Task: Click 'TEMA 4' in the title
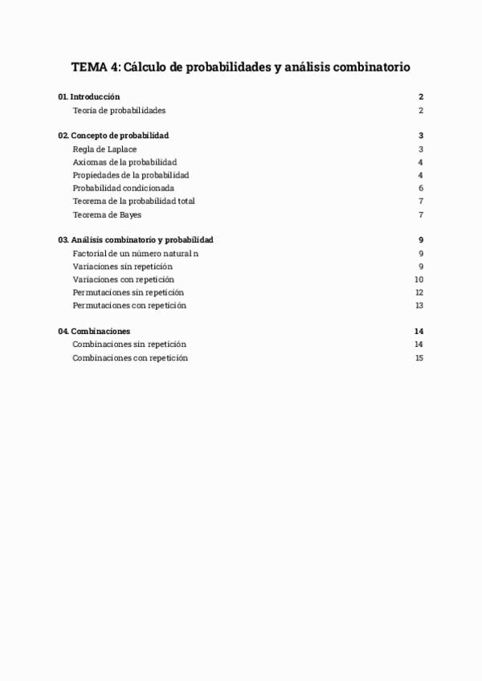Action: tap(95, 68)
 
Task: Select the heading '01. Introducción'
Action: tap(89, 97)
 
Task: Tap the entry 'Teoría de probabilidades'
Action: tap(119, 110)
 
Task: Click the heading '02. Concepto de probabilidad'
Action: tap(113, 136)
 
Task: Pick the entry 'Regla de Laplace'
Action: tap(104, 149)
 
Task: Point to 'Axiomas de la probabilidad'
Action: tap(125, 162)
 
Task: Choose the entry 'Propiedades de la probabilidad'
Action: tap(131, 175)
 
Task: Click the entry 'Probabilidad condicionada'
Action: tap(123, 188)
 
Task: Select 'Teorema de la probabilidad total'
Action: tap(133, 201)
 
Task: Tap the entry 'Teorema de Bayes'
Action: tap(107, 214)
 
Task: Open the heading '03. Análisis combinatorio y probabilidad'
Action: tap(136, 240)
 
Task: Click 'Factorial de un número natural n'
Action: tap(135, 253)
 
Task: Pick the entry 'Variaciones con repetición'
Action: tap(123, 279)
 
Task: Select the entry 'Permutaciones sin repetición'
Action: tap(128, 292)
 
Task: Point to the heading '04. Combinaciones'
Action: tap(94, 332)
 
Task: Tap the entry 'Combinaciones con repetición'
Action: tap(130, 358)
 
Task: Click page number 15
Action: tap(419, 358)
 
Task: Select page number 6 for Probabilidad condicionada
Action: tap(421, 188)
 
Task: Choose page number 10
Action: tap(419, 279)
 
